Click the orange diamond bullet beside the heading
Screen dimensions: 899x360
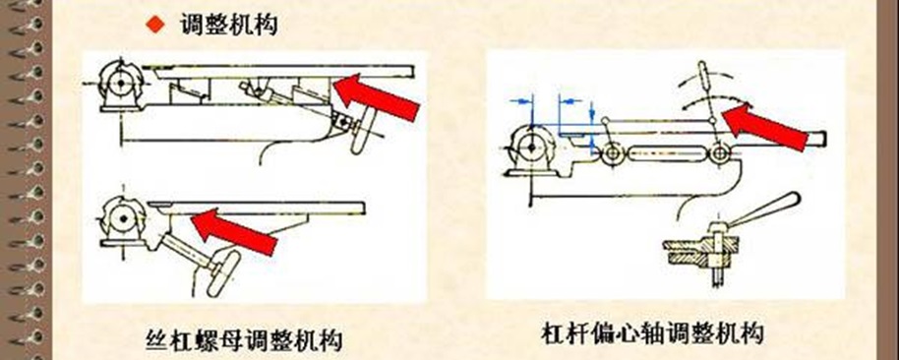tap(155, 25)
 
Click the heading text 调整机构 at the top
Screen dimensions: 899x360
tap(229, 25)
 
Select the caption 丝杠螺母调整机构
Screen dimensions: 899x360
tap(244, 339)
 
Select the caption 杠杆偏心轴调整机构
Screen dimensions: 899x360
tap(652, 333)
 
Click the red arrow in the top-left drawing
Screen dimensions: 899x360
tap(377, 96)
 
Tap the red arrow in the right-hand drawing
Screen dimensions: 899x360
tap(765, 126)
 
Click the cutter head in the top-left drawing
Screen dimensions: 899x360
tap(119, 83)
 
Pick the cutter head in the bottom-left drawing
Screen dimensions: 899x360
tap(123, 218)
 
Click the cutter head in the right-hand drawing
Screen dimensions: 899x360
tap(531, 147)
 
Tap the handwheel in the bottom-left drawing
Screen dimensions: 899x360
tap(223, 273)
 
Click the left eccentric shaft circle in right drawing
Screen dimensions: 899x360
tap(612, 153)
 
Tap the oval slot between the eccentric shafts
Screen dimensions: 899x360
tap(665, 153)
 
